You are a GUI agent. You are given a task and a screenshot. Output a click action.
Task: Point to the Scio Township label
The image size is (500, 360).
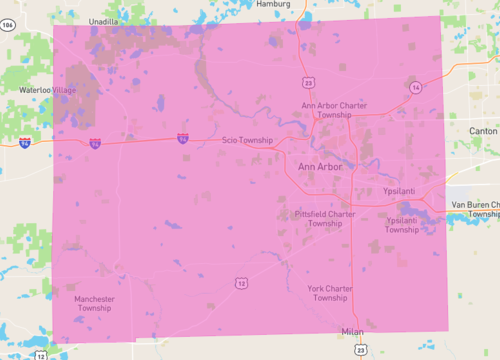coord(247,141)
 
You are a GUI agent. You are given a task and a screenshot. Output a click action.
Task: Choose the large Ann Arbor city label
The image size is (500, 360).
coord(320,166)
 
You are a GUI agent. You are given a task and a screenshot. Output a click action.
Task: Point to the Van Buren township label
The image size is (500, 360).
coord(475,209)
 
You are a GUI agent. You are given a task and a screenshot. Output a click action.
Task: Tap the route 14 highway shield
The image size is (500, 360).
coord(414,88)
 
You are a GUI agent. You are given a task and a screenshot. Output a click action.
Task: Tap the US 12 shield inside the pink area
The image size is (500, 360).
coord(241,283)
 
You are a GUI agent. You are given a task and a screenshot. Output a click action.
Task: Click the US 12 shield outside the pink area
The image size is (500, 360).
coord(41,354)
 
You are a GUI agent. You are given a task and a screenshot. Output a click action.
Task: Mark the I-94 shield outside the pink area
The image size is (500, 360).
coord(24,142)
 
